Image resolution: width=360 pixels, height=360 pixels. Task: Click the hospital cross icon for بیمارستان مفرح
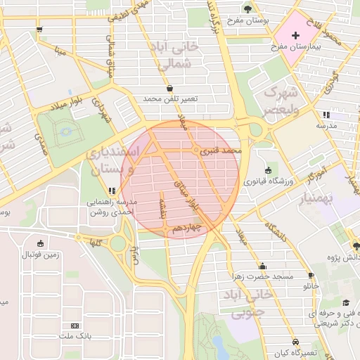(x=295, y=35)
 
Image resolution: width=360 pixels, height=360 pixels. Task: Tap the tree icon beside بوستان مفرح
(x=248, y=8)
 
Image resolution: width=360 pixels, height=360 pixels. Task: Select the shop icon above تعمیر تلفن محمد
(x=169, y=88)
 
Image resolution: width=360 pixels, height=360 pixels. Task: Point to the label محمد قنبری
(x=221, y=150)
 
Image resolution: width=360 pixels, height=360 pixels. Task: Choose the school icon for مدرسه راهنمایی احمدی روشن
(x=112, y=191)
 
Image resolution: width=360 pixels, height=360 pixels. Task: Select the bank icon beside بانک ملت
(x=75, y=326)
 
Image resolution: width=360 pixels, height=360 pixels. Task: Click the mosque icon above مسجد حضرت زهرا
(x=263, y=266)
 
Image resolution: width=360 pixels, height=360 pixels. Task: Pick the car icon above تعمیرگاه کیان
(x=295, y=341)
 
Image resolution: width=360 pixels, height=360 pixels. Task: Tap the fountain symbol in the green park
(x=66, y=131)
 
